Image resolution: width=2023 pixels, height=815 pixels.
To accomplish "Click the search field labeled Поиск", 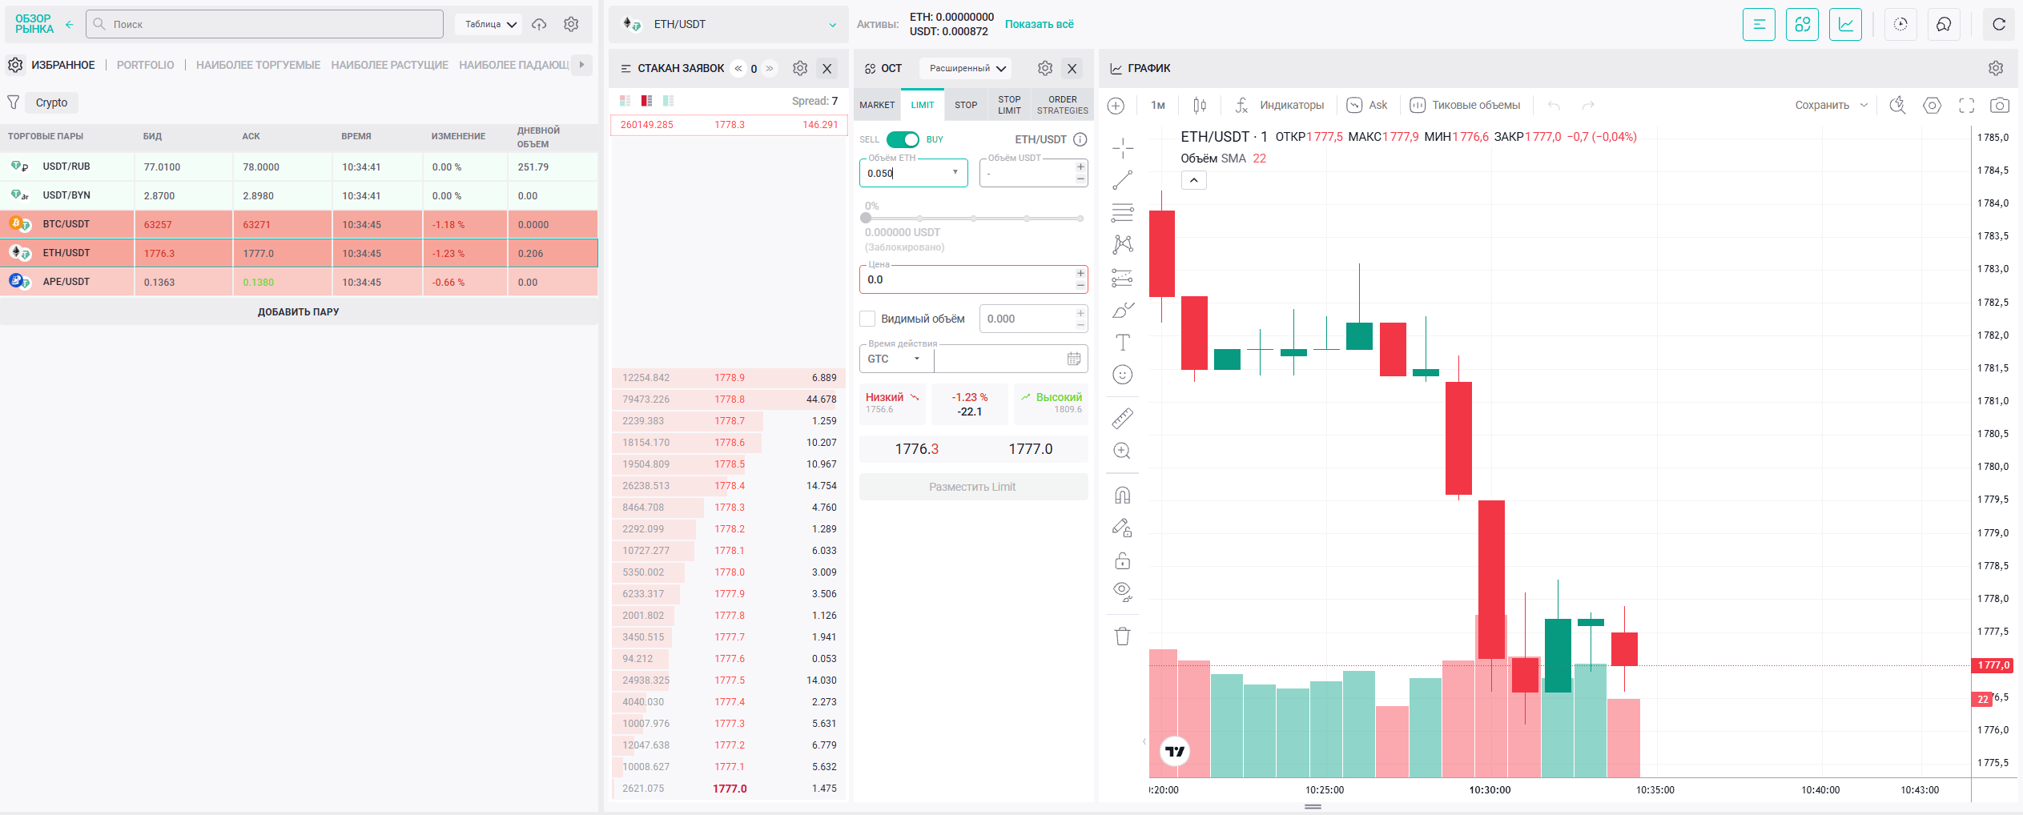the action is pos(264,24).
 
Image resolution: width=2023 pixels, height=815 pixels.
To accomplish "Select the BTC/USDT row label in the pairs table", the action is pos(66,224).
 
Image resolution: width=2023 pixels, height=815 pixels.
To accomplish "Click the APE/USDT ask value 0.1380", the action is pos(259,282).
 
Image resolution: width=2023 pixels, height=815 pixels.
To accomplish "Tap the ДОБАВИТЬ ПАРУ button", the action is pos(299,311).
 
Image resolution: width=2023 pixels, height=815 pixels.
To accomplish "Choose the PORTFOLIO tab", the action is pos(145,65).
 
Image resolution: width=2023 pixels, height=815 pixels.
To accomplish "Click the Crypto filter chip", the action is pos(51,102).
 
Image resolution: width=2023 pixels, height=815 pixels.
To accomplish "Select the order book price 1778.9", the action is pos(730,378).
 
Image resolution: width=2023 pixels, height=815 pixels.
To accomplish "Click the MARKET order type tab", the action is pos(877,105).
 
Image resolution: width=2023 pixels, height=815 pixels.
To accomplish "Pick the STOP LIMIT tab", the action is pos(1009,105).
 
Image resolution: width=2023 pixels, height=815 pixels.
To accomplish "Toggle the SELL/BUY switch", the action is pos(903,139).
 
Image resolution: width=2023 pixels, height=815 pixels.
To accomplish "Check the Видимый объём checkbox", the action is pos(867,319).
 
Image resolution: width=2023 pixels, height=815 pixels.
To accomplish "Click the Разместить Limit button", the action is pos(973,487).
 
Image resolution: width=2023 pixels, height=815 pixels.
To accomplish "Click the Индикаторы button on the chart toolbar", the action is pos(1280,105).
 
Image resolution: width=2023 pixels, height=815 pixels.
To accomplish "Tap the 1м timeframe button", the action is pos(1158,105).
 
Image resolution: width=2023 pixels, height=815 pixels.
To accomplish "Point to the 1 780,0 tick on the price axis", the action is pos(1993,467).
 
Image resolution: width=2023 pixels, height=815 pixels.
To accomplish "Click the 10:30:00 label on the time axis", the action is pos(1490,790).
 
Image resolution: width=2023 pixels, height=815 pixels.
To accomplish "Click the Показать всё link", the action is pos(1040,24).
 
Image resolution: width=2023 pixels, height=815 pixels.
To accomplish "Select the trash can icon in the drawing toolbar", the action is pos(1123,636).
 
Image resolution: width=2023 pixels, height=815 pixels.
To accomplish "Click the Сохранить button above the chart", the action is pos(1822,105).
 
